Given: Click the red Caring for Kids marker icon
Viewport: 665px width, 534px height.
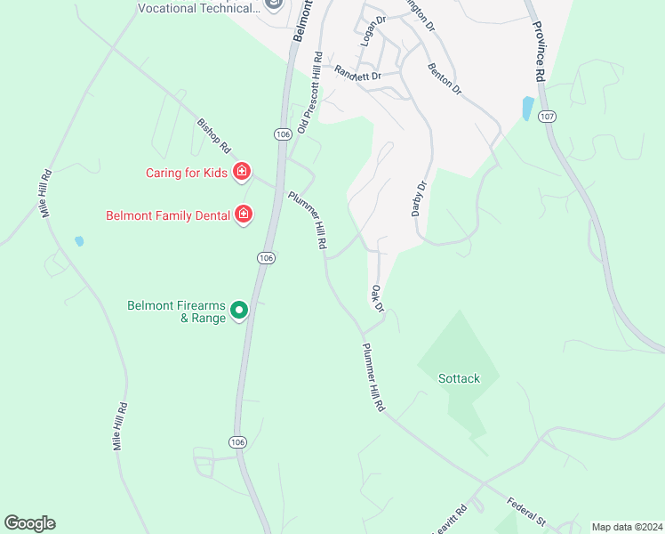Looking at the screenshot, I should tap(241, 172).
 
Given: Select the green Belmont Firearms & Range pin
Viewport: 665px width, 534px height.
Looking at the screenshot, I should tap(238, 311).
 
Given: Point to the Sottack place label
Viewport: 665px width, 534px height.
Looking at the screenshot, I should tap(459, 378).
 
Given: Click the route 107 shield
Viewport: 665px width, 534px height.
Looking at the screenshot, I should tap(548, 117).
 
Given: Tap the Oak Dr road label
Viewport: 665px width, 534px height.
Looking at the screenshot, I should tap(377, 298).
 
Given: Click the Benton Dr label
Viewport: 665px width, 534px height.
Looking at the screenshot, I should tap(445, 79).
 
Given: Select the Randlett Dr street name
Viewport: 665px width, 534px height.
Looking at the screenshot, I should tap(357, 75).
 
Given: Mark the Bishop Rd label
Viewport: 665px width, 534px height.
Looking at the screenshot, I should tap(214, 134).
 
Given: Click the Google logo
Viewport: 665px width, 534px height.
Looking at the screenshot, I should tap(29, 522).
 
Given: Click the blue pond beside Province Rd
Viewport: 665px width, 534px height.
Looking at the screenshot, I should tap(528, 109).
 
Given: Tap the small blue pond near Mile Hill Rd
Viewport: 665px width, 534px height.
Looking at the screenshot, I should tap(79, 241).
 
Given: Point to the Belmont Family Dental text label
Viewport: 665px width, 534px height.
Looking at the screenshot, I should tap(168, 215).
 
